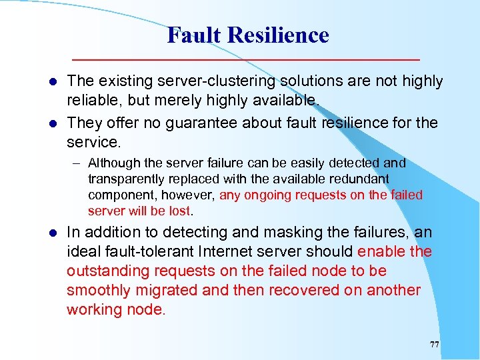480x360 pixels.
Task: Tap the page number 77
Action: (x=434, y=345)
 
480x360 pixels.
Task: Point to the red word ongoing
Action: (x=268, y=195)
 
